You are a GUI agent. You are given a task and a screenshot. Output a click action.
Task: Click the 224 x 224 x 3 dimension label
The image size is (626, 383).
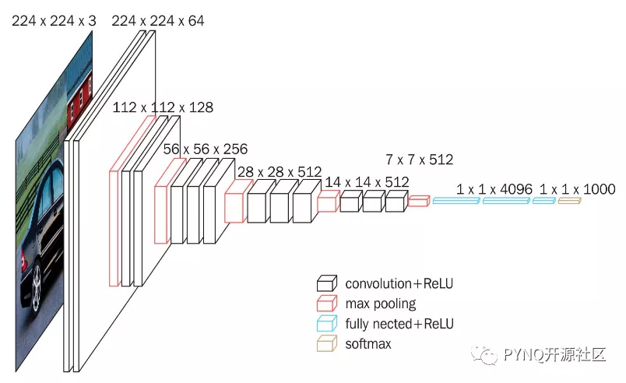click(x=54, y=21)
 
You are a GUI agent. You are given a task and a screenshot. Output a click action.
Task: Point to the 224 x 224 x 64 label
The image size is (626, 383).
click(x=158, y=21)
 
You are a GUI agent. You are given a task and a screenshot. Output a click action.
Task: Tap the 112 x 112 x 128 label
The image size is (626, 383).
click(x=163, y=107)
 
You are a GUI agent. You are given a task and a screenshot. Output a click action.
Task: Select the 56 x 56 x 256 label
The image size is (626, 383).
click(x=206, y=149)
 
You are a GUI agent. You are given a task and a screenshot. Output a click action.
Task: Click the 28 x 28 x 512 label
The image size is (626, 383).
click(x=280, y=172)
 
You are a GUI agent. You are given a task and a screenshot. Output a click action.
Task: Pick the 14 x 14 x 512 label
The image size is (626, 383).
click(x=367, y=182)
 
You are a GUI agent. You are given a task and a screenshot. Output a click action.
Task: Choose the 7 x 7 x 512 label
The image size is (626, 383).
click(x=419, y=160)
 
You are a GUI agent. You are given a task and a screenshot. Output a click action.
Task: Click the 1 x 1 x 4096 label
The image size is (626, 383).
click(x=494, y=189)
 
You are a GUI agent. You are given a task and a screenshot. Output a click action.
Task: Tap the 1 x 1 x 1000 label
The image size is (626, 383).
click(x=577, y=189)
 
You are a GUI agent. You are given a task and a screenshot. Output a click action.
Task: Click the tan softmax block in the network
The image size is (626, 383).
click(x=569, y=201)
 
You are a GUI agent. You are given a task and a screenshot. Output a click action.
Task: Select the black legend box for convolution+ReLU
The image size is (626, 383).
click(x=327, y=283)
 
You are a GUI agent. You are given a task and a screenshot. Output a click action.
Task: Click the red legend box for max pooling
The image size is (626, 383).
click(x=327, y=304)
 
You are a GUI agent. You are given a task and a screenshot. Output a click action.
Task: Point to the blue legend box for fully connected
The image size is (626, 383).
click(x=327, y=324)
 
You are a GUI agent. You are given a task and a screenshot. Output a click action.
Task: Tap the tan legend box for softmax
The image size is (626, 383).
click(x=327, y=343)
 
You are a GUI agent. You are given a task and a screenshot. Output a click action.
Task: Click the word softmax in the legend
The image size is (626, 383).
click(x=368, y=344)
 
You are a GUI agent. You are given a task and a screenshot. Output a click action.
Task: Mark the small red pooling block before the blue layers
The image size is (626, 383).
click(x=419, y=201)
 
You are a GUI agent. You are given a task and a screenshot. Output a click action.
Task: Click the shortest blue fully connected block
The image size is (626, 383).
click(x=543, y=201)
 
